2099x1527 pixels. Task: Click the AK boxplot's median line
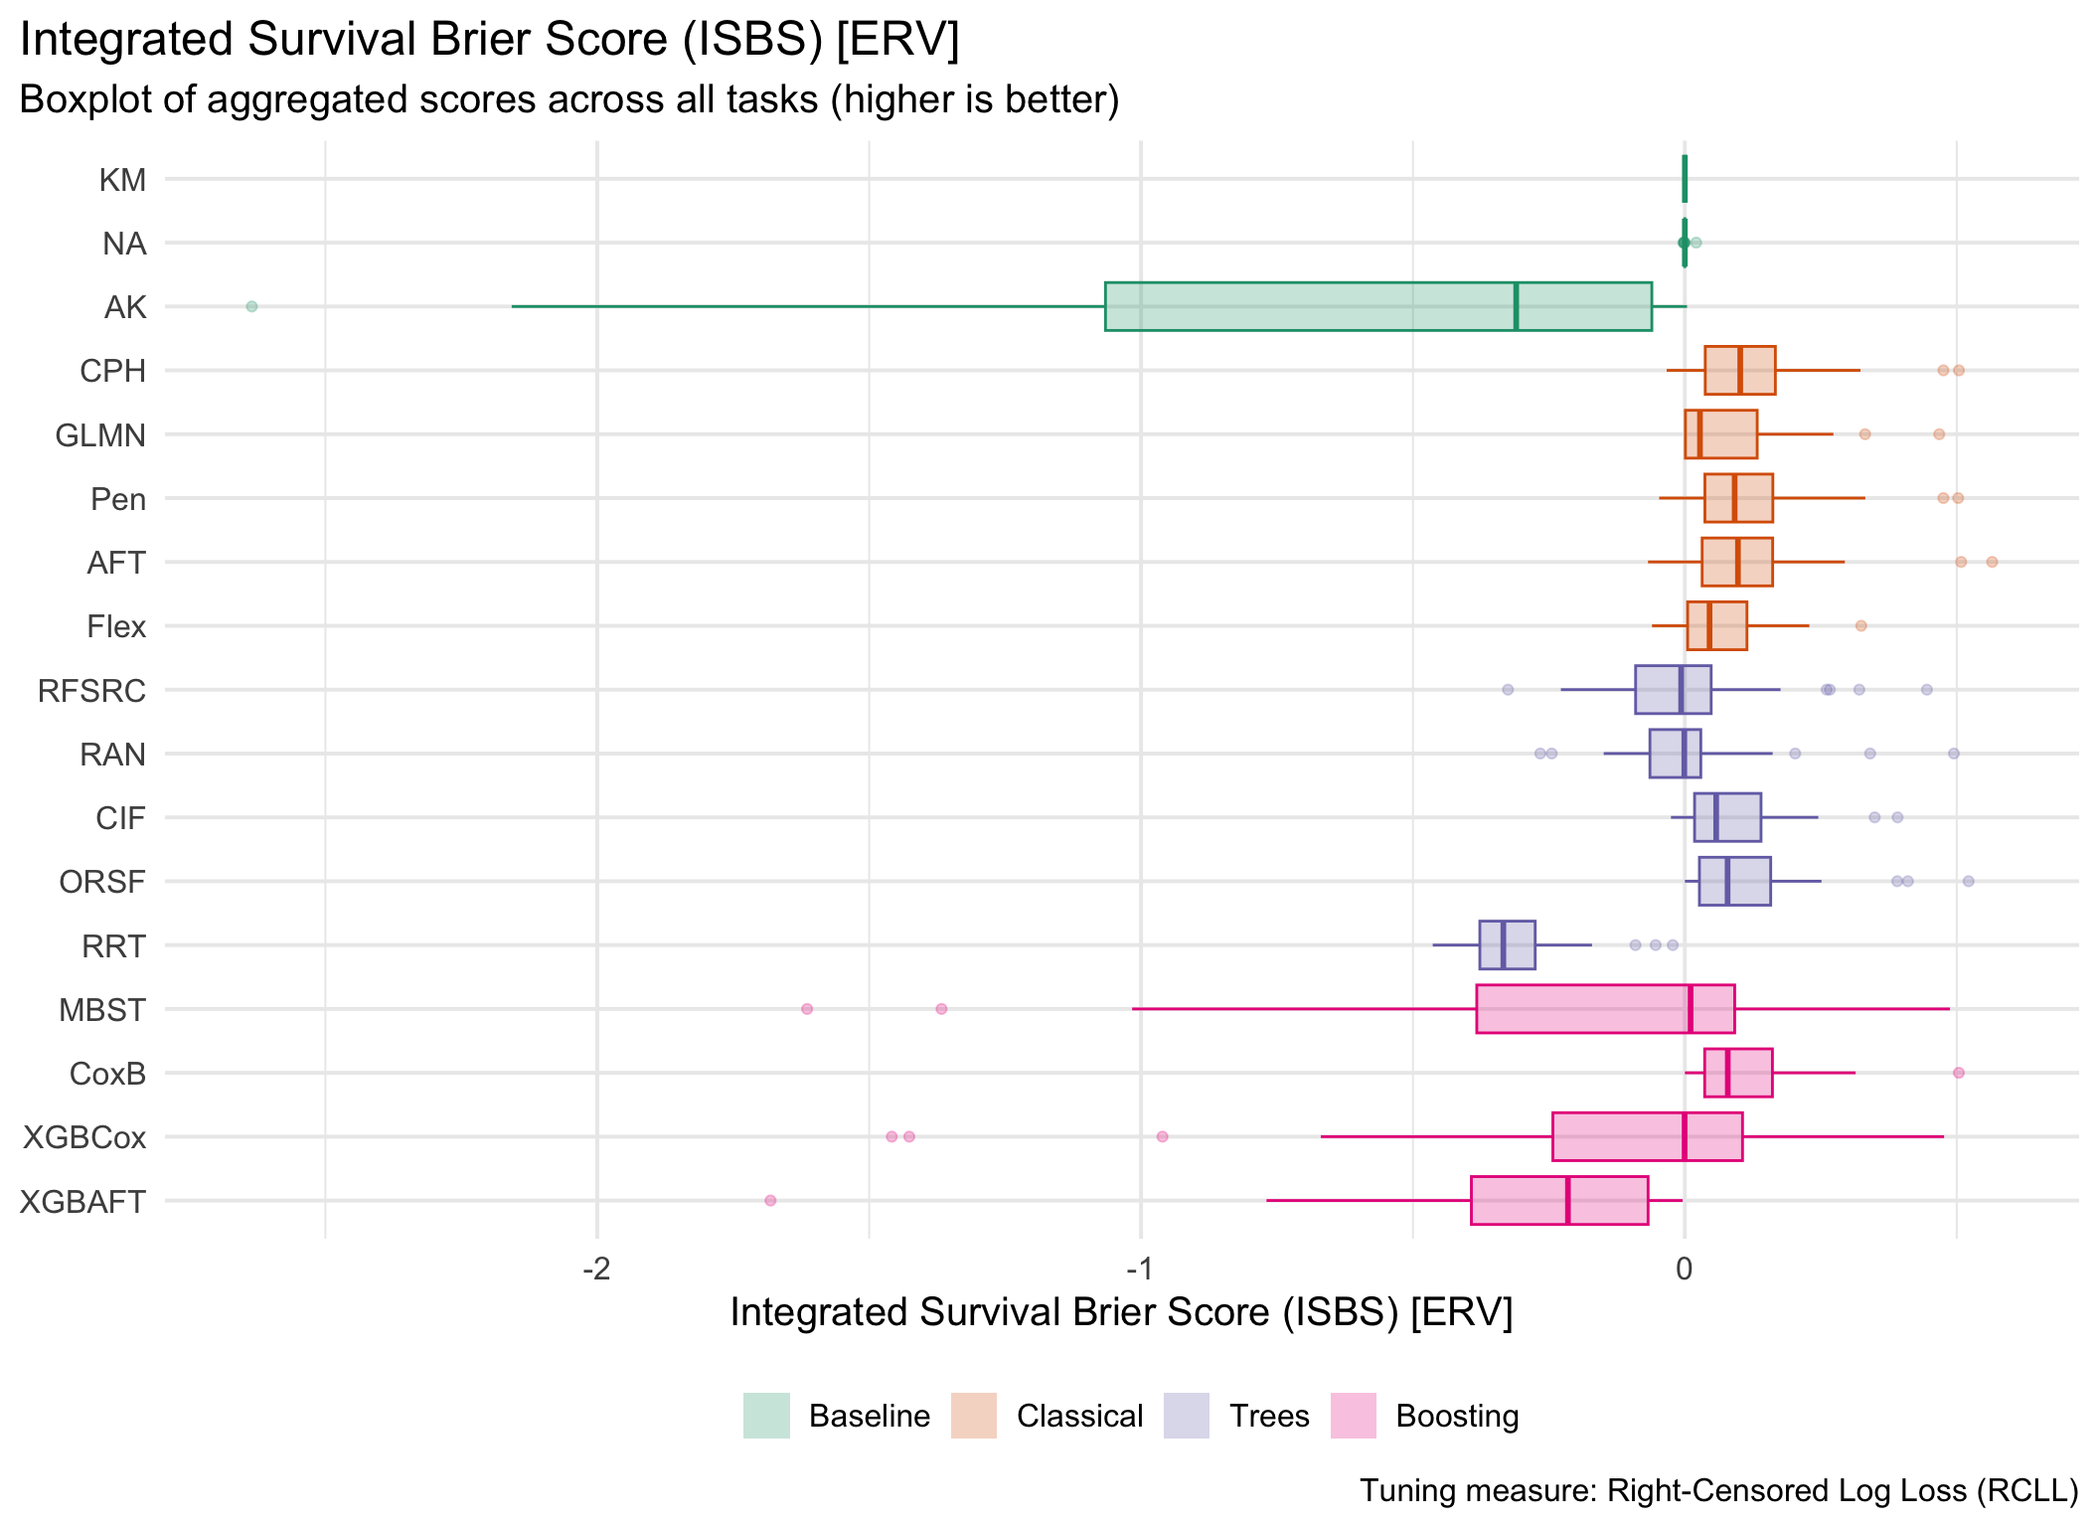coord(1516,306)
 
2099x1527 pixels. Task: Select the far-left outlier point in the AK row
coord(251,306)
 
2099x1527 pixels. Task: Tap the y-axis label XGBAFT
coord(83,1202)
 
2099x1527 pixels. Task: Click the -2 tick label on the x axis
coord(595,1269)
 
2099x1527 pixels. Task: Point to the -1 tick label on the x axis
coord(1139,1269)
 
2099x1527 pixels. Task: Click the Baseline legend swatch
coord(766,1416)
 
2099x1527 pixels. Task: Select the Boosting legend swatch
coord(1353,1416)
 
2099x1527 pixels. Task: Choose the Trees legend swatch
coord(1186,1416)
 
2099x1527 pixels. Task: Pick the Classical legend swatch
coord(973,1416)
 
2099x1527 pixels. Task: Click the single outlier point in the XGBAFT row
coord(770,1201)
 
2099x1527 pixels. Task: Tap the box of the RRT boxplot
coord(1507,945)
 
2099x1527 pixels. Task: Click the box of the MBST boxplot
coord(1590,1009)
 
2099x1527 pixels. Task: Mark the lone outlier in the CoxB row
coord(1959,1073)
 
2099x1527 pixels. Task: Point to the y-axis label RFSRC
coord(91,691)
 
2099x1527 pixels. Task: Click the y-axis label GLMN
coord(100,435)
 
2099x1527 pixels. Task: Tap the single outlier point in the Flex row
coord(1861,626)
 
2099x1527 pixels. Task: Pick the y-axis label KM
coord(123,180)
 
